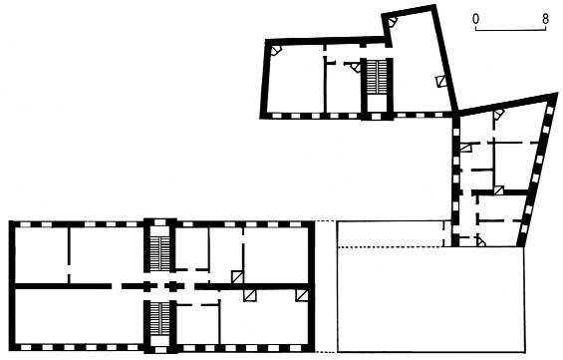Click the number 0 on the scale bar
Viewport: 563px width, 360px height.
[x=475, y=19]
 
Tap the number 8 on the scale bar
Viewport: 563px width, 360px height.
[x=545, y=19]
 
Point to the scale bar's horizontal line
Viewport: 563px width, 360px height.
[x=510, y=30]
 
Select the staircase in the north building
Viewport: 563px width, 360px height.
[x=377, y=77]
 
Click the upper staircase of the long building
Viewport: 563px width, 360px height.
[x=159, y=253]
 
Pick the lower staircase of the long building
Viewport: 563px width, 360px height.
[x=159, y=319]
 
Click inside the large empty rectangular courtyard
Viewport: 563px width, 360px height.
[x=430, y=299]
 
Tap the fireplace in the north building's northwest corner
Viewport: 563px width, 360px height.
[x=276, y=50]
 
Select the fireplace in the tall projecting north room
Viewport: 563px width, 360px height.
[x=393, y=21]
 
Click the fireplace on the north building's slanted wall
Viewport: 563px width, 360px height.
[x=440, y=81]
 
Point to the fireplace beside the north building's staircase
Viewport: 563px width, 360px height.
[x=356, y=67]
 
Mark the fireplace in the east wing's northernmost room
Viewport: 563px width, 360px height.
[x=498, y=115]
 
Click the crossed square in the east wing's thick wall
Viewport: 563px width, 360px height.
[x=499, y=190]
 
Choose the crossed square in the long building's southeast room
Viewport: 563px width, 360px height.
[x=301, y=295]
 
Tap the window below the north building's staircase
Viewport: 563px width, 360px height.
[x=377, y=116]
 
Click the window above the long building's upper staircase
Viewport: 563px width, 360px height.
[x=159, y=222]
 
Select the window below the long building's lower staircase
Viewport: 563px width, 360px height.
[x=160, y=350]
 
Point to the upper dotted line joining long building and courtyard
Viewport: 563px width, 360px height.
[x=326, y=221]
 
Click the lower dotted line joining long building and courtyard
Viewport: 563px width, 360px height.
[x=326, y=352]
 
